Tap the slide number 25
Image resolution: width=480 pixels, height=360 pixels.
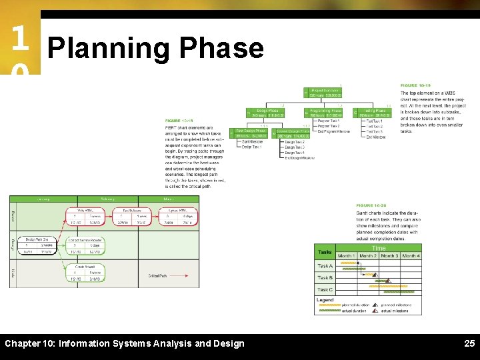pyautogui.click(x=469, y=343)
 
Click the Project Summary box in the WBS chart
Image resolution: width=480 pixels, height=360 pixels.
pyautogui.click(x=325, y=93)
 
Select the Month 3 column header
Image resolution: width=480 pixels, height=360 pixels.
pyautogui.click(x=389, y=256)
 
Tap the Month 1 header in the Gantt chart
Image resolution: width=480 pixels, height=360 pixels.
pyautogui.click(x=346, y=256)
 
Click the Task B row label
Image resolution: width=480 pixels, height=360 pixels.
pyautogui.click(x=325, y=277)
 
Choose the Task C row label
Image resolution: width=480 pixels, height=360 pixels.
pyautogui.click(x=325, y=290)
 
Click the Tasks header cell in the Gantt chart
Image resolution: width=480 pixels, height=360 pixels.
pyautogui.click(x=325, y=252)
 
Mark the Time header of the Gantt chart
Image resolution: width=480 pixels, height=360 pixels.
pyautogui.click(x=379, y=248)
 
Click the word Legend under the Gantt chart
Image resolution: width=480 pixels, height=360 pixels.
pyautogui.click(x=325, y=300)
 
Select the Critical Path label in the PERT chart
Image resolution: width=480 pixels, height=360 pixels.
pyautogui.click(x=158, y=275)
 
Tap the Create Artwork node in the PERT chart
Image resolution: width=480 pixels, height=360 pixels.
pyautogui.click(x=85, y=272)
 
